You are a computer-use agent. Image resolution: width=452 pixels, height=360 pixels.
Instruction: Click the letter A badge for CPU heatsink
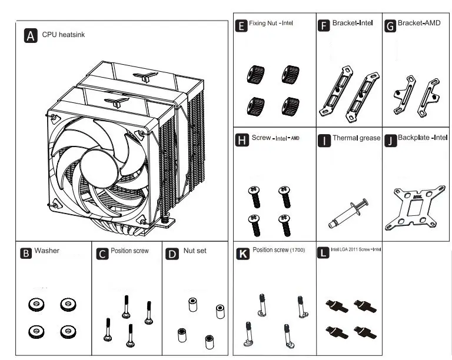click(x=31, y=35)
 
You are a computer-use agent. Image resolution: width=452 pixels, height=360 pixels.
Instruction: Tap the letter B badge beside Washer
click(x=25, y=254)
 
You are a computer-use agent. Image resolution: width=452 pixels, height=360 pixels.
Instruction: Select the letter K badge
click(x=242, y=253)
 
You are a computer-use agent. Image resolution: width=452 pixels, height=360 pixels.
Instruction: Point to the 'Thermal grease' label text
click(x=357, y=139)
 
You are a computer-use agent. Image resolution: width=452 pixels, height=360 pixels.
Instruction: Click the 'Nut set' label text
click(x=195, y=251)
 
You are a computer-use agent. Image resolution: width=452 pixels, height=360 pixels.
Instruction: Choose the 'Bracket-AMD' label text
click(x=419, y=24)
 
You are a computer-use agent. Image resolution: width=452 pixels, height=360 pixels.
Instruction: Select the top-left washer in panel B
click(x=34, y=305)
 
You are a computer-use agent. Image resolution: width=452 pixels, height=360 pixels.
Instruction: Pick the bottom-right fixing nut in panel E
click(x=289, y=106)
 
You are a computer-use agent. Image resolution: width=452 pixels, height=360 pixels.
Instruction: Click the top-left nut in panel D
click(x=191, y=305)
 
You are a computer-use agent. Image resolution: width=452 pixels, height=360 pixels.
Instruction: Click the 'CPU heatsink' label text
click(x=64, y=35)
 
